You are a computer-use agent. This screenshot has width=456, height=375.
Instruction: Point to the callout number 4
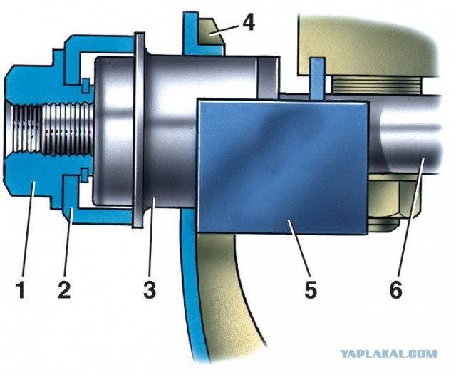pos(249,22)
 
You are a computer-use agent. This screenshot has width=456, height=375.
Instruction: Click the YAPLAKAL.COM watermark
pos(389,354)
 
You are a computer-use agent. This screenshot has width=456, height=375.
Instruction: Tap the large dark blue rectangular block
pos(281,166)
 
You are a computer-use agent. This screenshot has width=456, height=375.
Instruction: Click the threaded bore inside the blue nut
pos(49,129)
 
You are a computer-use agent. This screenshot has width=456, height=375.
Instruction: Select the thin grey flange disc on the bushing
pos(139,130)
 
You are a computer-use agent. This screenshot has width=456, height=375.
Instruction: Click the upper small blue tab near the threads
pos(85,86)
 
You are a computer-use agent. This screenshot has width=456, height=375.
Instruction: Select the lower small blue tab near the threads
pos(85,175)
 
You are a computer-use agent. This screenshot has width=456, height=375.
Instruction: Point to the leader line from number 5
pos(299,247)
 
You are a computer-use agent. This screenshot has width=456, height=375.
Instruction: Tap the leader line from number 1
pos(28,227)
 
